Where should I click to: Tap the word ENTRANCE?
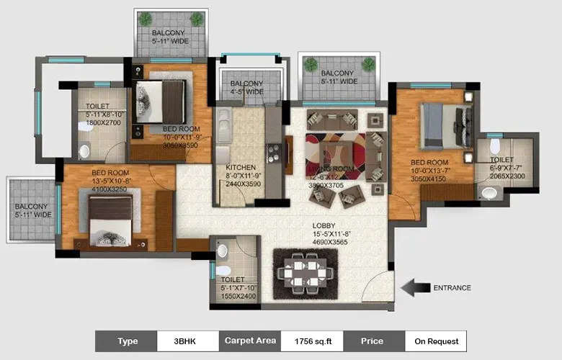pos(452,288)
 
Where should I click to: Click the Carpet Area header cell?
pos(250,341)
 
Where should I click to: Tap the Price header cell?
pos(373,341)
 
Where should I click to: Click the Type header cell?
pos(126,341)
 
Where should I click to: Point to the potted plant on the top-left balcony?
pos(146,19)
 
